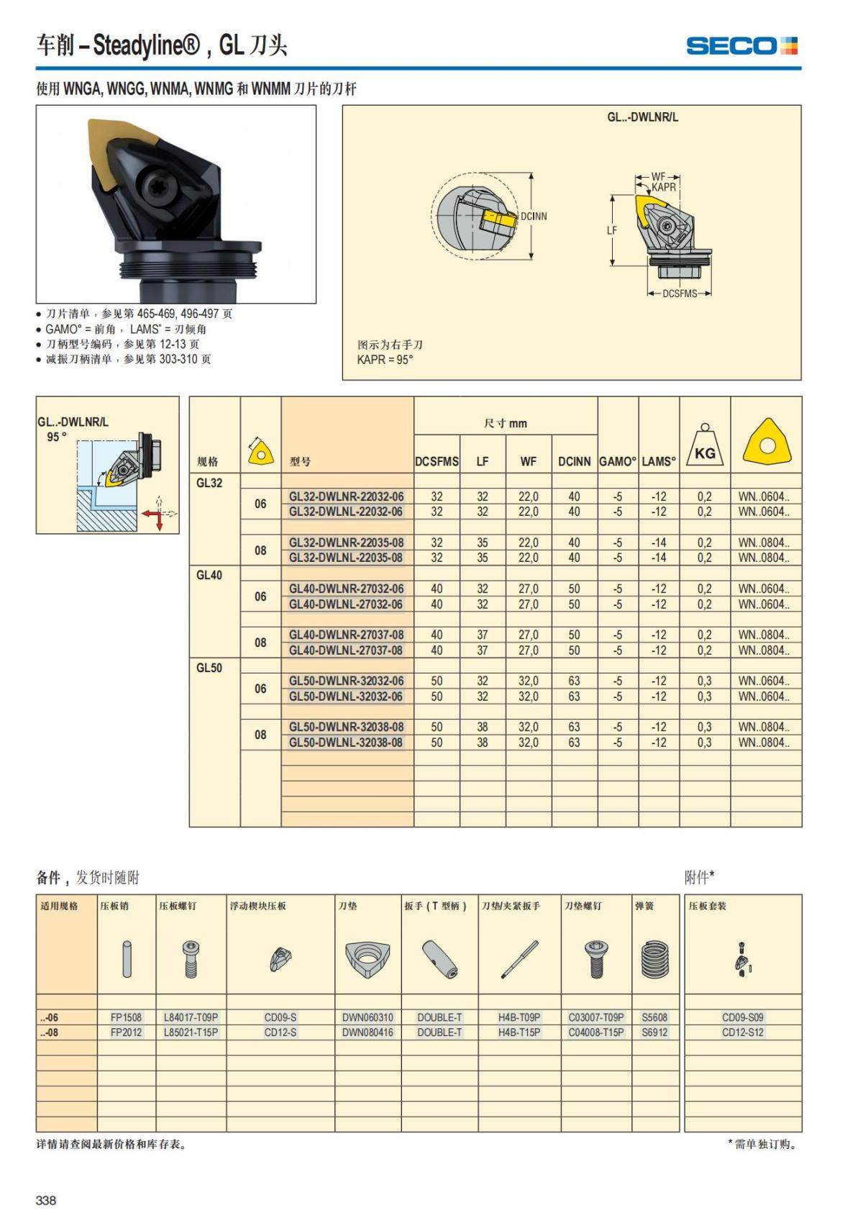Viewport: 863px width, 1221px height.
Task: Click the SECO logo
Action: click(741, 46)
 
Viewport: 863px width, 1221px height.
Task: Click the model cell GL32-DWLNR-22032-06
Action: click(347, 496)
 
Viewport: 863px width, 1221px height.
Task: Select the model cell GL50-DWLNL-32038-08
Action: click(347, 743)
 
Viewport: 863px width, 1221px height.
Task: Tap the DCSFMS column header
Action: click(437, 462)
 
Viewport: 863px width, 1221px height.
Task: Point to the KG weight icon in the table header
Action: click(705, 445)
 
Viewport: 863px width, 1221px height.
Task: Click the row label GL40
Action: click(209, 576)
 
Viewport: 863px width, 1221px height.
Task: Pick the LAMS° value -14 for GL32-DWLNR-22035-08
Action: click(659, 543)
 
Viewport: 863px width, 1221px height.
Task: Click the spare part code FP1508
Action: click(127, 1017)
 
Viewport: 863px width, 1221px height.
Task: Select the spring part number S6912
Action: click(654, 1032)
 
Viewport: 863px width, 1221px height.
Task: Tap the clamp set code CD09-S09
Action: click(743, 1017)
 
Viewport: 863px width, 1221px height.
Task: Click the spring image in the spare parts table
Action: click(654, 959)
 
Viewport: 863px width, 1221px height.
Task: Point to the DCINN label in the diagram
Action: click(534, 216)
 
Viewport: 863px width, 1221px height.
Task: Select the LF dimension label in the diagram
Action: click(612, 231)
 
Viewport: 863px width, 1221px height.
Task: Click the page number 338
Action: click(46, 1200)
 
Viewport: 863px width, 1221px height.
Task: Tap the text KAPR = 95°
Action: click(385, 360)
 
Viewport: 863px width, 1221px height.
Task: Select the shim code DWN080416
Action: click(367, 1032)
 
